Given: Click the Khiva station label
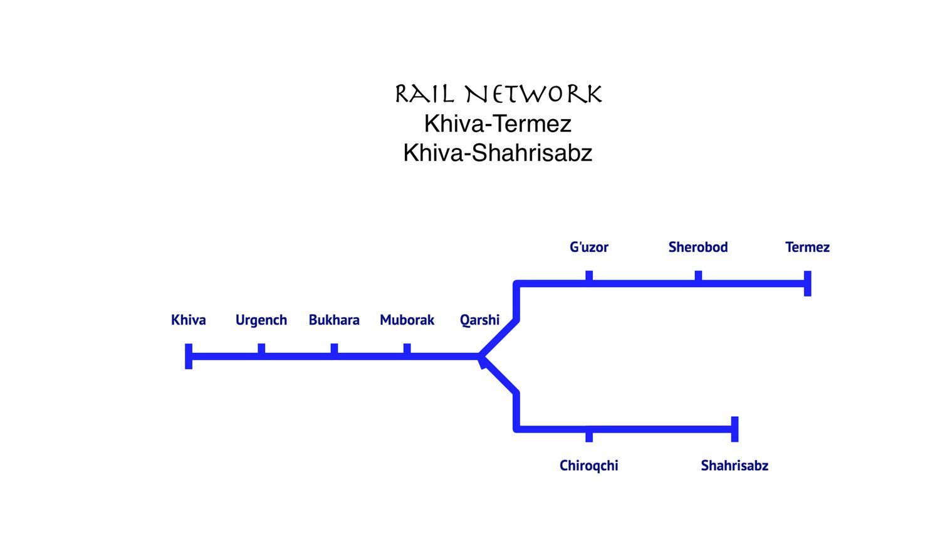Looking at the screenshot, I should click(x=188, y=320).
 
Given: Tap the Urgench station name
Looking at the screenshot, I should click(x=261, y=320).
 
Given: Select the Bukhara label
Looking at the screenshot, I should click(x=333, y=320).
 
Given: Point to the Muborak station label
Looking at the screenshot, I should click(x=407, y=320).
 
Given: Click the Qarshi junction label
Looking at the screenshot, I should click(x=479, y=320).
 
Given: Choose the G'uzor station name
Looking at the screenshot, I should click(x=588, y=247).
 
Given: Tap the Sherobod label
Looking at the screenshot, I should click(x=697, y=247).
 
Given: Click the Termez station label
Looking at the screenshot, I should click(x=807, y=247).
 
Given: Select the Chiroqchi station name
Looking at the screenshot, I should click(x=588, y=465).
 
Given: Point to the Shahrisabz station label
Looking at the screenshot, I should click(x=734, y=465).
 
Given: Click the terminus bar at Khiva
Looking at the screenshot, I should click(x=189, y=356).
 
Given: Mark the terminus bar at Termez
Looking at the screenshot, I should click(x=807, y=283).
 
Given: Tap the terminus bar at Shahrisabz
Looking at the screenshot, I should click(x=734, y=429).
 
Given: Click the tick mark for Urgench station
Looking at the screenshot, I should click(x=261, y=349).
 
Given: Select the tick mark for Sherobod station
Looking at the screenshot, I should click(x=698, y=276).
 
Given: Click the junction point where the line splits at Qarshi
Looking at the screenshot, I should click(x=481, y=357).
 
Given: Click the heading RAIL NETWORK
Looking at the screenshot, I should click(x=498, y=94).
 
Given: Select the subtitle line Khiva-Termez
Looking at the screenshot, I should click(x=498, y=123).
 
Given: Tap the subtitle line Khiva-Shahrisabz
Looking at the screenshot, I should click(x=498, y=152).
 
